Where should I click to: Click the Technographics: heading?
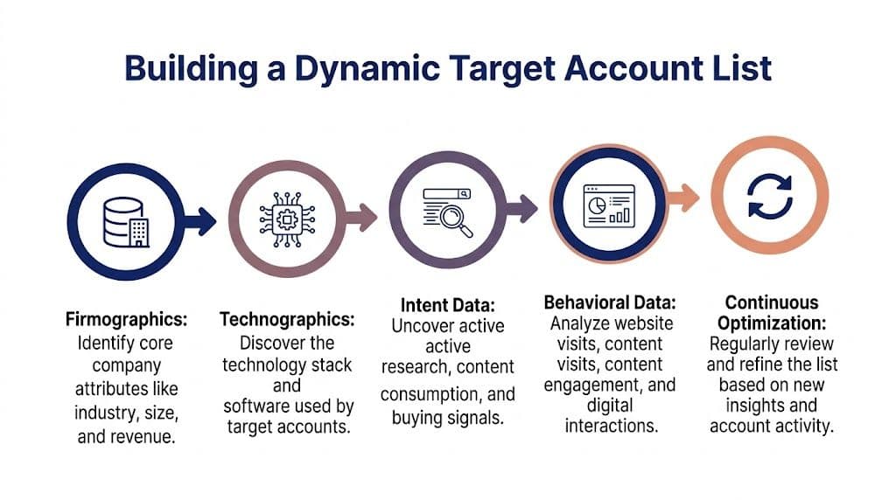point(287,318)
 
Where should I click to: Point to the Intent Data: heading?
point(448,305)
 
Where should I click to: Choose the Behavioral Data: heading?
point(609,302)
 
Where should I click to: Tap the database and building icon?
point(126,220)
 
